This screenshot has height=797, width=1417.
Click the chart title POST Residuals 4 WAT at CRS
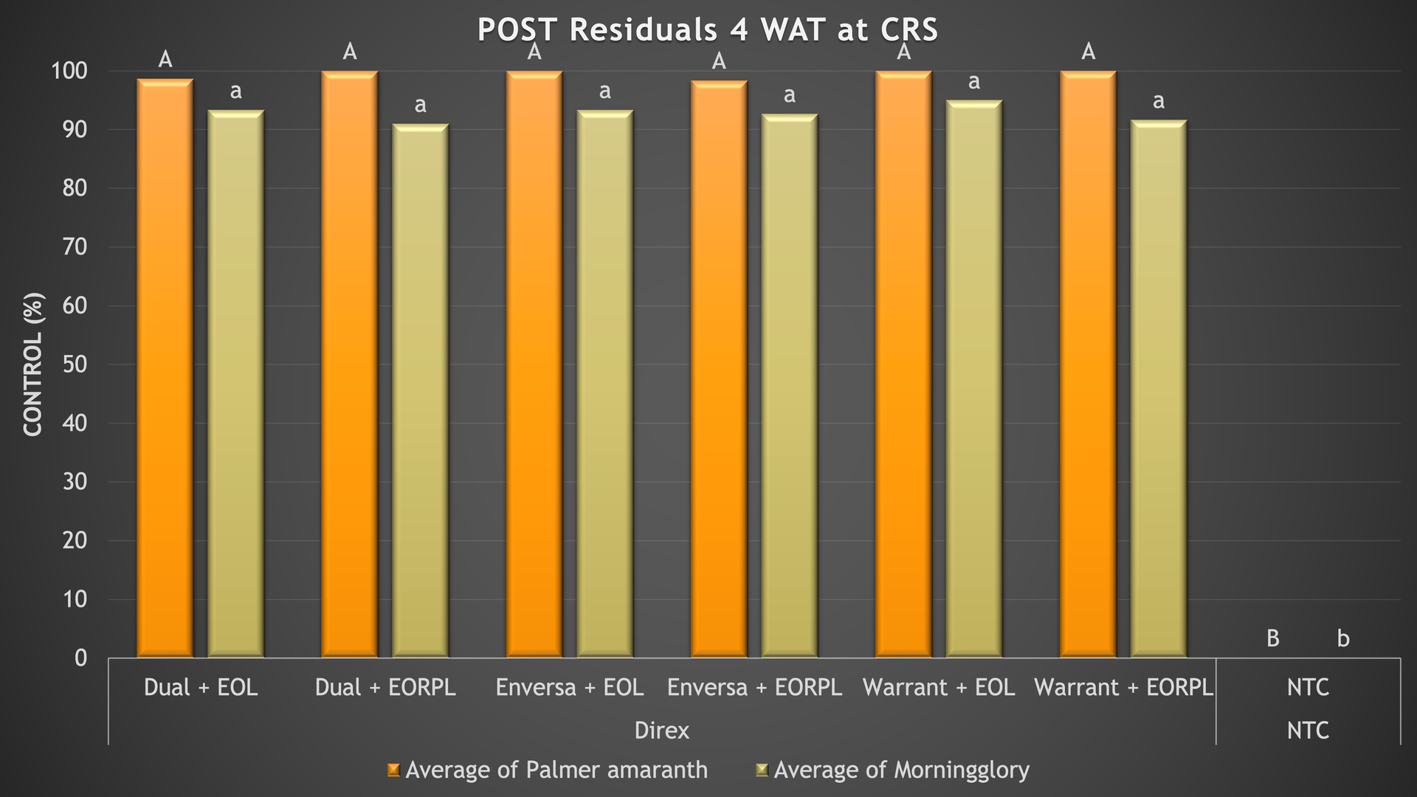[707, 30]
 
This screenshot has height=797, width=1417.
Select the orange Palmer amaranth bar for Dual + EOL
[165, 369]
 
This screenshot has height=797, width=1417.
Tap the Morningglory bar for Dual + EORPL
[420, 391]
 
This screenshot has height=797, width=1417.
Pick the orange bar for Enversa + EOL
[534, 365]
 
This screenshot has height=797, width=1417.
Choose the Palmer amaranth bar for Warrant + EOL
[903, 365]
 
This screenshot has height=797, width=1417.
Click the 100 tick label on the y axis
[69, 72]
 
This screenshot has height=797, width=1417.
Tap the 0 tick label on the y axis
[80, 658]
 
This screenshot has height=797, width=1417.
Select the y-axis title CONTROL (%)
[33, 365]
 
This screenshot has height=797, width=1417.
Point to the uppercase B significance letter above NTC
[1272, 638]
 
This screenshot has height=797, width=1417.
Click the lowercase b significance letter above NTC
[1343, 638]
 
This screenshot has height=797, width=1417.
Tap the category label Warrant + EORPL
[1123, 688]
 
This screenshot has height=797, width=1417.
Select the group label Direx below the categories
[662, 731]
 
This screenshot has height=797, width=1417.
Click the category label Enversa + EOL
[570, 688]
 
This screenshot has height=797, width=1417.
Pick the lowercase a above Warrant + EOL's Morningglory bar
[974, 82]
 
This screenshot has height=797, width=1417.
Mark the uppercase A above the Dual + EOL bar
[165, 60]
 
